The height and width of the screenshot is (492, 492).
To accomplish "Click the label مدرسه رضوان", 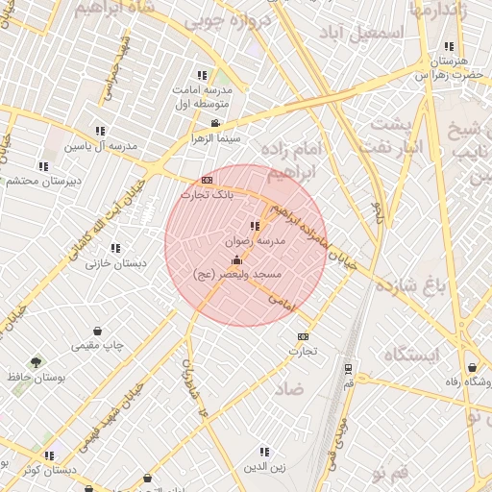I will point(256,242).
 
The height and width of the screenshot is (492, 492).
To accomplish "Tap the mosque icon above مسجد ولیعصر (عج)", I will point(237,259).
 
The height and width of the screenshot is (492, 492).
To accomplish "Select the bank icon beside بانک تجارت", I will point(207,180).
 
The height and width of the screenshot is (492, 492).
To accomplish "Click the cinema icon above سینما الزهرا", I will point(215,123).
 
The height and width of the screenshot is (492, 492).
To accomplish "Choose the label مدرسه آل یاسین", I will point(101,146).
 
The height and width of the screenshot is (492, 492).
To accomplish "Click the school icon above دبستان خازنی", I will point(115,248).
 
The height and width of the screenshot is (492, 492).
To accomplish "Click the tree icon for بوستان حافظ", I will point(37,362).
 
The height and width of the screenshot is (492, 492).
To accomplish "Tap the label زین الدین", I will point(264,467).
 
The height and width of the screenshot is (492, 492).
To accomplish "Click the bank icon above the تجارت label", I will point(304,336).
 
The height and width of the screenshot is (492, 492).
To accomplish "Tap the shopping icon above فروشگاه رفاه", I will point(472,367).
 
